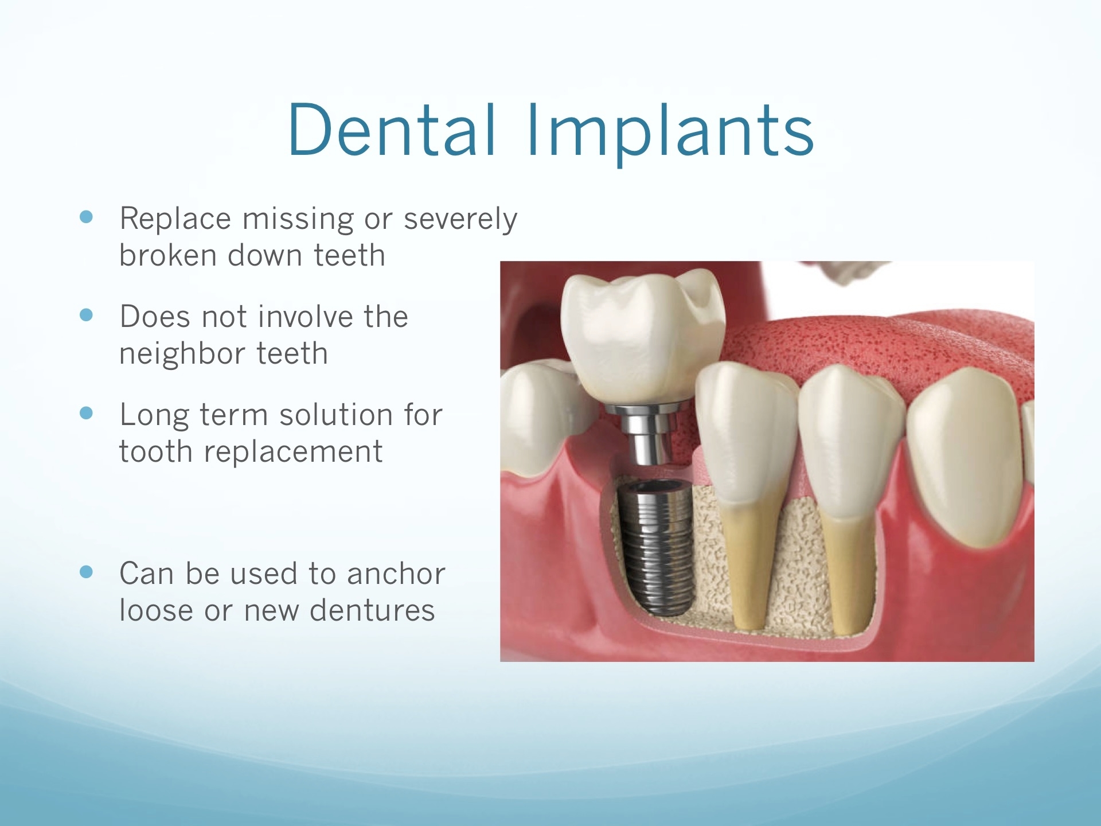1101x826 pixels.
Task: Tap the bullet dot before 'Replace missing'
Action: [87, 217]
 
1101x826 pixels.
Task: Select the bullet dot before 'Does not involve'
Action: [87, 315]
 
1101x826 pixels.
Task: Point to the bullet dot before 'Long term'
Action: [87, 413]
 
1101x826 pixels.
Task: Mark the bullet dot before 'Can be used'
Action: [87, 572]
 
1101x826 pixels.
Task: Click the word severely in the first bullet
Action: [460, 220]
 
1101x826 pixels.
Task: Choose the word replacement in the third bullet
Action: [293, 453]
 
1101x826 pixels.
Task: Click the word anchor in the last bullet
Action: [396, 574]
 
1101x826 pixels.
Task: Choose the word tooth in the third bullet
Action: [156, 451]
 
